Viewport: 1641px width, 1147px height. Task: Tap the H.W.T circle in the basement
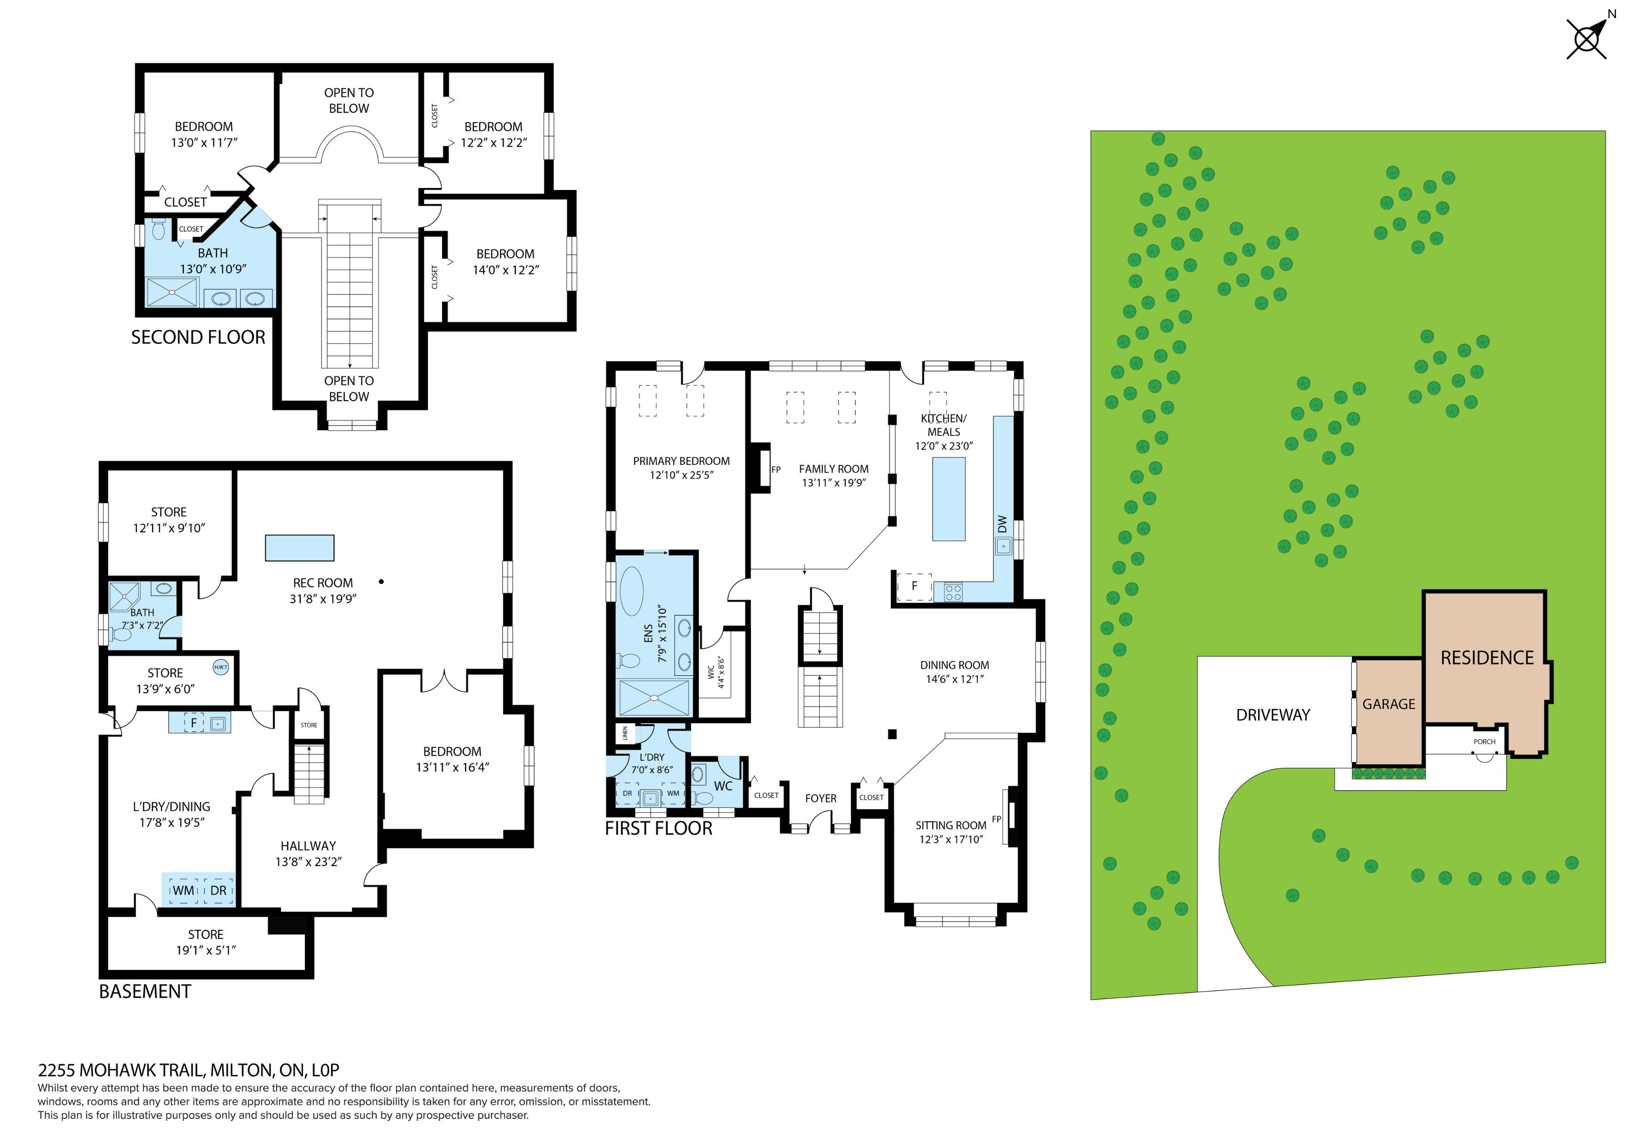[x=220, y=667]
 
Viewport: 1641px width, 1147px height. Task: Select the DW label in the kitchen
[x=1002, y=524]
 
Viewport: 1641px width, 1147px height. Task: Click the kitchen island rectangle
[x=948, y=499]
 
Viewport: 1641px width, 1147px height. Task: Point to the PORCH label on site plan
[x=1484, y=742]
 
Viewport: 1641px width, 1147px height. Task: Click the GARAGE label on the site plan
[x=1389, y=704]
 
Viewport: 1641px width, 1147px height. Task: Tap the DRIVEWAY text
[x=1273, y=715]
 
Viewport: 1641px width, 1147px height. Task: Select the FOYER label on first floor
[x=820, y=798]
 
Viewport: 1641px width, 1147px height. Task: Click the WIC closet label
[x=711, y=672]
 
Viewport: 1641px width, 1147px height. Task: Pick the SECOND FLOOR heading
[x=198, y=337]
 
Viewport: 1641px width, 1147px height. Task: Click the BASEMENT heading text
[x=145, y=992]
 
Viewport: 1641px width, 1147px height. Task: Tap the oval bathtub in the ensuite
[x=631, y=591]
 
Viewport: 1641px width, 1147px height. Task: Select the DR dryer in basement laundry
[x=219, y=890]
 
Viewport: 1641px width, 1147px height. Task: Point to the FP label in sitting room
[x=996, y=819]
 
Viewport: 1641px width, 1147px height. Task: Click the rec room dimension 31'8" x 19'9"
[x=323, y=598]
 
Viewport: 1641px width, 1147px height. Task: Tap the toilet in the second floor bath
[x=159, y=230]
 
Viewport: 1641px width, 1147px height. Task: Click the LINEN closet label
[x=624, y=733]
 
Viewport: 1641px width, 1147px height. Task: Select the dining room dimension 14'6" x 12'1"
[x=955, y=678]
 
